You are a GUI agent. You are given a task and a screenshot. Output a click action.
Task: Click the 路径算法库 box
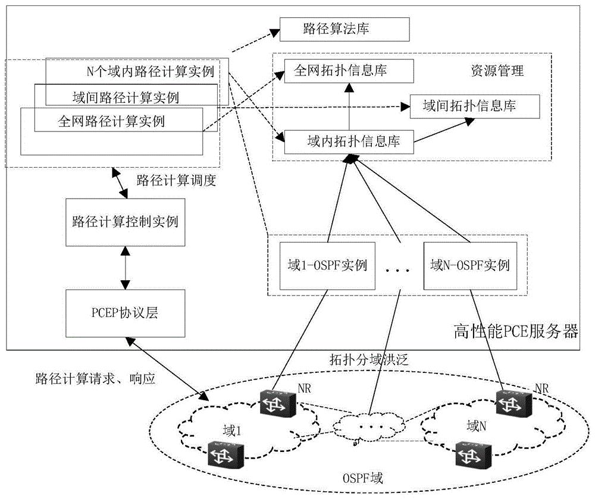345,29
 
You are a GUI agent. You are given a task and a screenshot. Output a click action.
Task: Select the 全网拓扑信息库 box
348,71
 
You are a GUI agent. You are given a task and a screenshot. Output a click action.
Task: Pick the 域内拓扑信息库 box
348,142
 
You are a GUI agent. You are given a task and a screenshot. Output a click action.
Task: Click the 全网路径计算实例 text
111,121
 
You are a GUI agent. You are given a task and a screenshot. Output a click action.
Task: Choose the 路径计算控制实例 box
124,222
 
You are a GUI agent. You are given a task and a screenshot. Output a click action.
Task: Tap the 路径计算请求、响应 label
95,379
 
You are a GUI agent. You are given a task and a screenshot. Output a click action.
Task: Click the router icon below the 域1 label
224,456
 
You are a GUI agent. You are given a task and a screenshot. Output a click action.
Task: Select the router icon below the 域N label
472,454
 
